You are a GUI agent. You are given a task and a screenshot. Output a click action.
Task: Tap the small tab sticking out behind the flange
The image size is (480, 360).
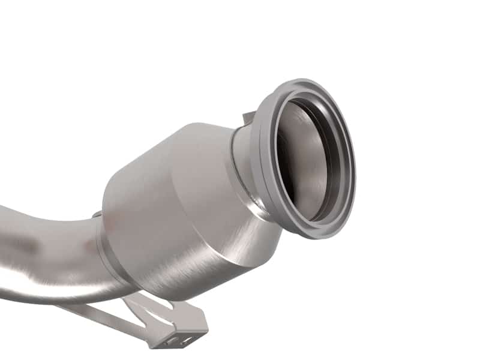pyautogui.click(x=248, y=116)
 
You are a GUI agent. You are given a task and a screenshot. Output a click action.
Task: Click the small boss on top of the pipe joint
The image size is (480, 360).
pyautogui.click(x=96, y=214)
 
